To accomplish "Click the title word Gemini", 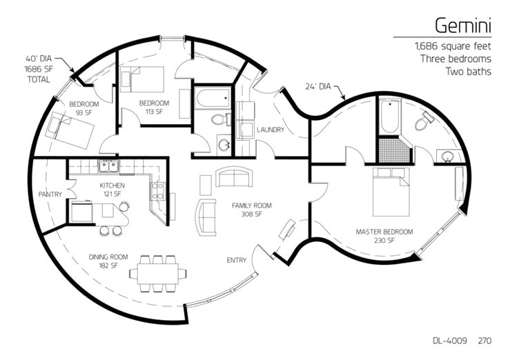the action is pyautogui.click(x=463, y=26).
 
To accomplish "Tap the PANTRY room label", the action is pyautogui.click(x=50, y=194).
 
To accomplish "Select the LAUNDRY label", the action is pyautogui.click(x=271, y=130).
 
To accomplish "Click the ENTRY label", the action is pyautogui.click(x=237, y=260).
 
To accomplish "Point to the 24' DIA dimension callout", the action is pyautogui.click(x=317, y=86).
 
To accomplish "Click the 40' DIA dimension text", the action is pyautogui.click(x=39, y=59).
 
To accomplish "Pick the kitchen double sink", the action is pyautogui.click(x=108, y=166).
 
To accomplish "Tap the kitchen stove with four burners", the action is pyautogui.click(x=158, y=190).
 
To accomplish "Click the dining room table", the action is pyautogui.click(x=158, y=274).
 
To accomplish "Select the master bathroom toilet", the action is pyautogui.click(x=424, y=121).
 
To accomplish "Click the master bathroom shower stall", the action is pyautogui.click(x=391, y=150).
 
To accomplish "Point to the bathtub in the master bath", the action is pyautogui.click(x=390, y=116).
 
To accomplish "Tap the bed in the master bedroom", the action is pyautogui.click(x=391, y=192).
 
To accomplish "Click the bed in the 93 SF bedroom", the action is pyautogui.click(x=69, y=130).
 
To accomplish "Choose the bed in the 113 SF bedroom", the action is pyautogui.click(x=142, y=79).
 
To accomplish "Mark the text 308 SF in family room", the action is pyautogui.click(x=251, y=214).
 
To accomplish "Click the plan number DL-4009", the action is pyautogui.click(x=450, y=340).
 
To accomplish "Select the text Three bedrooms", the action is pyautogui.click(x=456, y=59).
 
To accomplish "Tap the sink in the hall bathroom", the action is pyautogui.click(x=224, y=145).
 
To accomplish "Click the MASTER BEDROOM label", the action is pyautogui.click(x=384, y=232).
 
